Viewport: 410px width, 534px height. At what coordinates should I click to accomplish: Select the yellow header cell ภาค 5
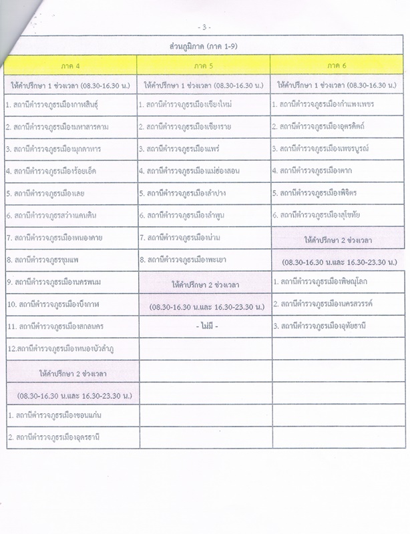click(204, 65)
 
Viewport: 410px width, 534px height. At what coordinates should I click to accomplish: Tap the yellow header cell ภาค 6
click(338, 65)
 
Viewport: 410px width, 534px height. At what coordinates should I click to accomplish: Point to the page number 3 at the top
click(204, 27)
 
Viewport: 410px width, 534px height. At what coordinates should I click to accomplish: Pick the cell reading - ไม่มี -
click(204, 326)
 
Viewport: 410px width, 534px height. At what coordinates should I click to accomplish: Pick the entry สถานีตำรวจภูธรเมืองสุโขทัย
click(319, 215)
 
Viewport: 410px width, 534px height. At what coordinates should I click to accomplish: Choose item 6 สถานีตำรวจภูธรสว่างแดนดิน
click(54, 216)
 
